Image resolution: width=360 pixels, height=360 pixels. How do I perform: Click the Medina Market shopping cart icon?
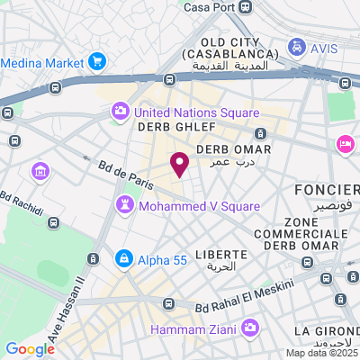pos(97,63)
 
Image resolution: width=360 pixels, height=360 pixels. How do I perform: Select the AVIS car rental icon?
pos(296,45)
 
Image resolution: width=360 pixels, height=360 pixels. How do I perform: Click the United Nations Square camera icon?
pos(120,112)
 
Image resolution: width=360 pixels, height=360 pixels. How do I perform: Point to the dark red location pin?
pos(180,164)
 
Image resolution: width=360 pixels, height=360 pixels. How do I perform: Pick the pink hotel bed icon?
pos(344,144)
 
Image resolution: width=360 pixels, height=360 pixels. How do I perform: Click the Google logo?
pos(30,349)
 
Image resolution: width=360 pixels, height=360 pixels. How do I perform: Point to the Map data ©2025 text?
pos(322,353)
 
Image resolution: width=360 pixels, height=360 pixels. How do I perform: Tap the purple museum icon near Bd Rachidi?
pos(40,171)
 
